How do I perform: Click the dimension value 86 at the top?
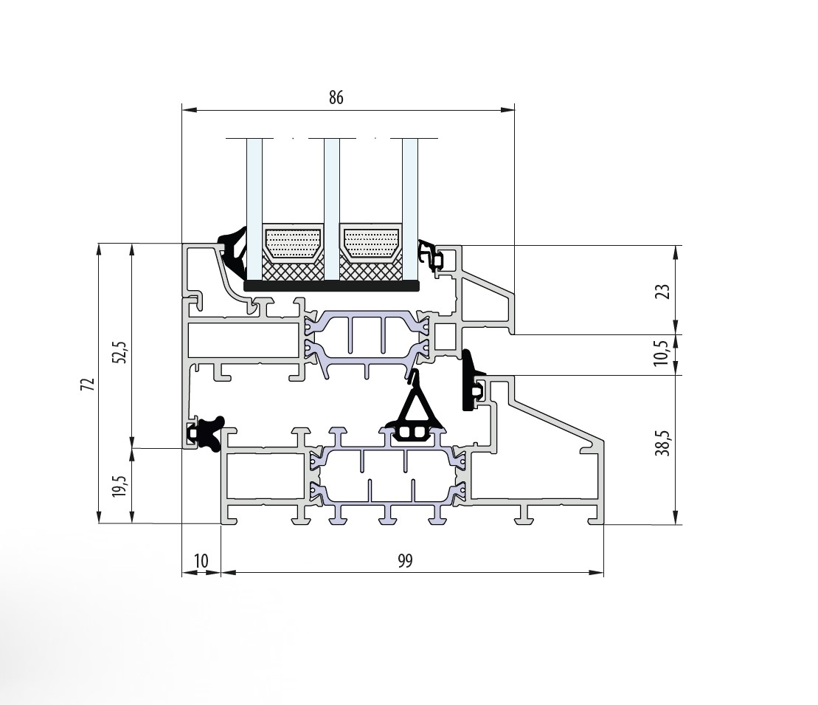[x=336, y=97]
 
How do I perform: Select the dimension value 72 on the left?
[x=89, y=385]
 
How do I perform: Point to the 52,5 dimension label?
[x=122, y=353]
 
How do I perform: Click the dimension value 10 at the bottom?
[x=201, y=561]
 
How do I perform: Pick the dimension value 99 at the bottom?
[x=405, y=561]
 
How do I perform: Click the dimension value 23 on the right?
[x=662, y=292]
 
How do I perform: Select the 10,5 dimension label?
[x=662, y=354]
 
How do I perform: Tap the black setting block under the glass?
[x=332, y=286]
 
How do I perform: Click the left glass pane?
[x=254, y=209]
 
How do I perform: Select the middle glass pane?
[x=332, y=209]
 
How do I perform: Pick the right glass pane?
[x=410, y=209]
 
